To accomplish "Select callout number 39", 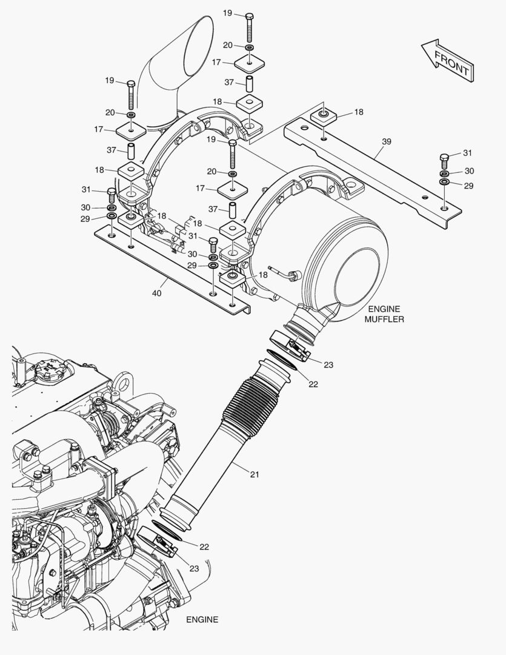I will [x=387, y=141].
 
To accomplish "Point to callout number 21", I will [x=254, y=474].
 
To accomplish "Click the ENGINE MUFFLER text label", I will [x=384, y=314].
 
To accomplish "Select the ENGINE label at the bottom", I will [x=202, y=620].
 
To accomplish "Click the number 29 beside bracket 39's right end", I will [x=468, y=186].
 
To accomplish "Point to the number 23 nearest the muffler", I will [x=328, y=364].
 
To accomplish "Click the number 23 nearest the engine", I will [x=194, y=568].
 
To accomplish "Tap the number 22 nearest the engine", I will [x=204, y=546].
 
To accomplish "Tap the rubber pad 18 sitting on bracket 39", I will [x=323, y=116].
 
